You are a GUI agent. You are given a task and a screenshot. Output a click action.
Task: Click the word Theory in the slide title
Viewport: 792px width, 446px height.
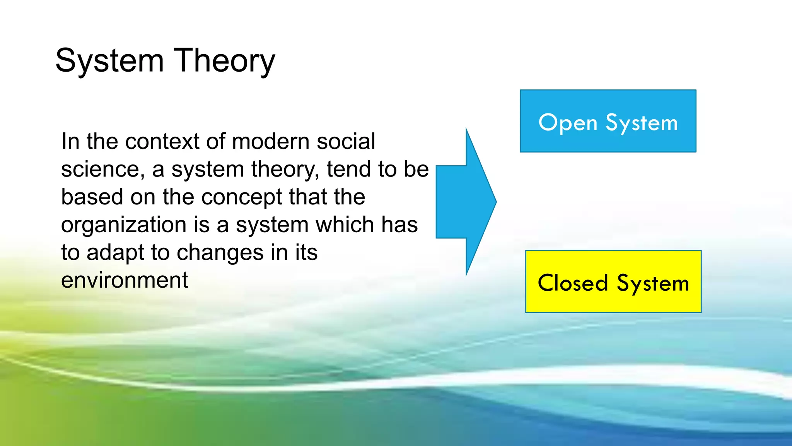pyautogui.click(x=225, y=61)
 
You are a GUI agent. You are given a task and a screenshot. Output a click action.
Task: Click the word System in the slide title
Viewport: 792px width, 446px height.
pyautogui.click(x=109, y=61)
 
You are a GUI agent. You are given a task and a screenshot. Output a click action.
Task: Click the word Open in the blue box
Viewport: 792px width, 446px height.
pyautogui.click(x=568, y=123)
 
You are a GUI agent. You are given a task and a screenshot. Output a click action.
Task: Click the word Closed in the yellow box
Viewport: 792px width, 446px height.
pyautogui.click(x=573, y=283)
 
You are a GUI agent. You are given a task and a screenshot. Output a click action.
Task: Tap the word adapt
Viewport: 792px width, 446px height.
pyautogui.click(x=116, y=253)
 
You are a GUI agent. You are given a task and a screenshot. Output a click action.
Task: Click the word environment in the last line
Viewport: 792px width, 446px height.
pyautogui.click(x=125, y=280)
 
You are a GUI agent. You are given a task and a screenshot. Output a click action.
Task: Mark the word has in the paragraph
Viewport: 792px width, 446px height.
pyautogui.click(x=399, y=225)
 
